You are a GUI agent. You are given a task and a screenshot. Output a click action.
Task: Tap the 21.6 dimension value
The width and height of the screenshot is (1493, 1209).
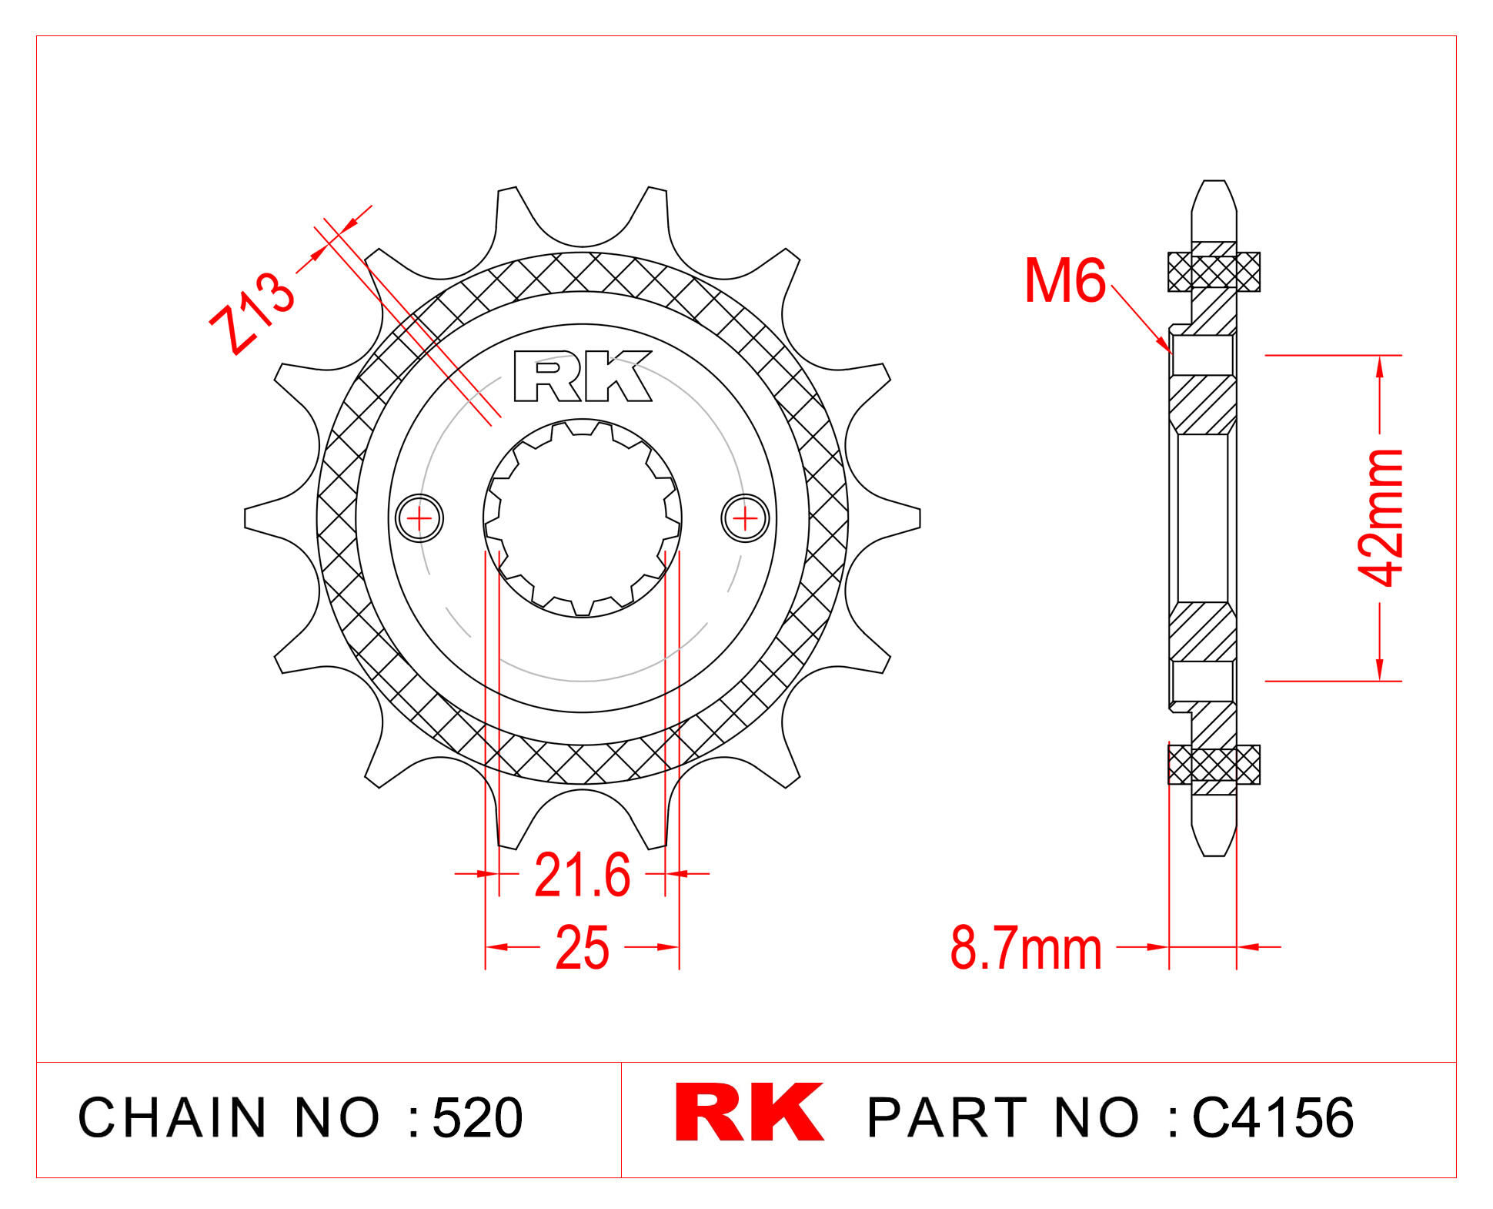tap(582, 875)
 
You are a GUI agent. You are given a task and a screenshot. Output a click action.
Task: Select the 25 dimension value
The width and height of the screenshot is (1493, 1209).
tap(582, 947)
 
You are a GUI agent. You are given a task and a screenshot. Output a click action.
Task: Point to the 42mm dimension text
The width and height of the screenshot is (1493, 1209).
tap(1382, 517)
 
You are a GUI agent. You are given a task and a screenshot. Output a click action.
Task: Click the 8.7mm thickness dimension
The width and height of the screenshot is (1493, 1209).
tap(1026, 948)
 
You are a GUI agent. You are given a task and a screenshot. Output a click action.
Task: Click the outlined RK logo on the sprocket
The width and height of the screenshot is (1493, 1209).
tap(583, 376)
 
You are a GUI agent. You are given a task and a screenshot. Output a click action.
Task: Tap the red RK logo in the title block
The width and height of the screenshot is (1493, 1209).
tap(749, 1112)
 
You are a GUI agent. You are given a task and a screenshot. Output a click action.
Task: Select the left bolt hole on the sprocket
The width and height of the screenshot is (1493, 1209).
tap(419, 518)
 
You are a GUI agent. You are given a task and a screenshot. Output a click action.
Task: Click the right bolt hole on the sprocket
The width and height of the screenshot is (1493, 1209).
tap(745, 518)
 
